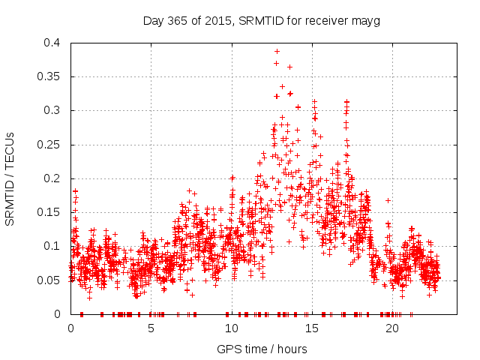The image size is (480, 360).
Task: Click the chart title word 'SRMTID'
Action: (258, 21)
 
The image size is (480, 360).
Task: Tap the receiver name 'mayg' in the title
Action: (367, 21)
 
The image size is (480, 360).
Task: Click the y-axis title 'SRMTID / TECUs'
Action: (10, 178)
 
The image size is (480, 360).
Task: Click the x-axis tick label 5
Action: (151, 328)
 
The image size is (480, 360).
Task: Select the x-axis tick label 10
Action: (232, 328)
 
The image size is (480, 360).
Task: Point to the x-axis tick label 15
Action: (312, 328)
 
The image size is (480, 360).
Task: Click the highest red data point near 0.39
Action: (277, 51)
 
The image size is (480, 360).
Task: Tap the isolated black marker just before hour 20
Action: (388, 200)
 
